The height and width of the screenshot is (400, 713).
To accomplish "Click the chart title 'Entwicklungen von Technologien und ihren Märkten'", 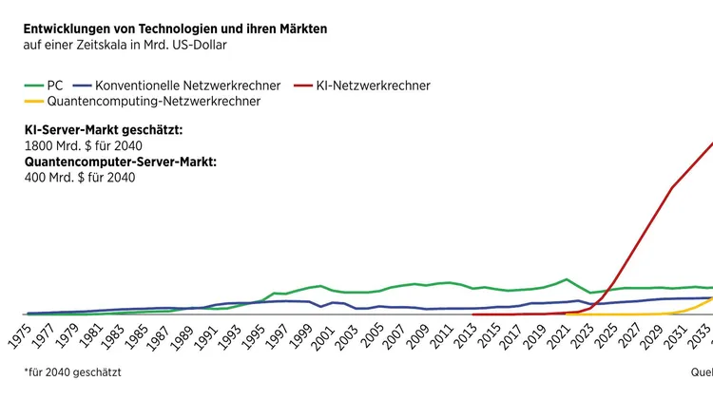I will tap(175, 29).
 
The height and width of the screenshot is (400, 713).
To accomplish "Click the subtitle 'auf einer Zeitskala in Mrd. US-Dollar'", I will tap(125, 45).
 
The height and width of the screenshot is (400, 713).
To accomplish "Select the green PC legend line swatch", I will tap(32, 86).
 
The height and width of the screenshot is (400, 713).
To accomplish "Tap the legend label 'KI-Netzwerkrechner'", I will tap(375, 86).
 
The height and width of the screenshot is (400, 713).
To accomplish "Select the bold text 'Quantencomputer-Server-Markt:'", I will tap(120, 162).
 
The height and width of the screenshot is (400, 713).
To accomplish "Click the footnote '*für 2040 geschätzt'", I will tap(72, 373).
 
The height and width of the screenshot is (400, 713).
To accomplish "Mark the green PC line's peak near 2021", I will tap(567, 279).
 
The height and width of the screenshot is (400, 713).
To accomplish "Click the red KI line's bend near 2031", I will tap(672, 188).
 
